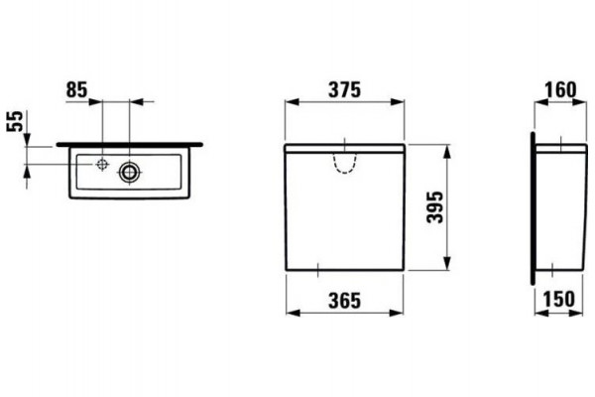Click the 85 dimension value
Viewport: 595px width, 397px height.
76,90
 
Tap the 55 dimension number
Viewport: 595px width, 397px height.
16,121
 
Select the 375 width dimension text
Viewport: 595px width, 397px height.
344,90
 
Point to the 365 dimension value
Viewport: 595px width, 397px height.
344,301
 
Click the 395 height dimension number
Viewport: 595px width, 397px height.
435,207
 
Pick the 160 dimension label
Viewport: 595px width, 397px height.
560,90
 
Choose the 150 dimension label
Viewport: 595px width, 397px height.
559,299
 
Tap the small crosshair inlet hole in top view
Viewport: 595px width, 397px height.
102,164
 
